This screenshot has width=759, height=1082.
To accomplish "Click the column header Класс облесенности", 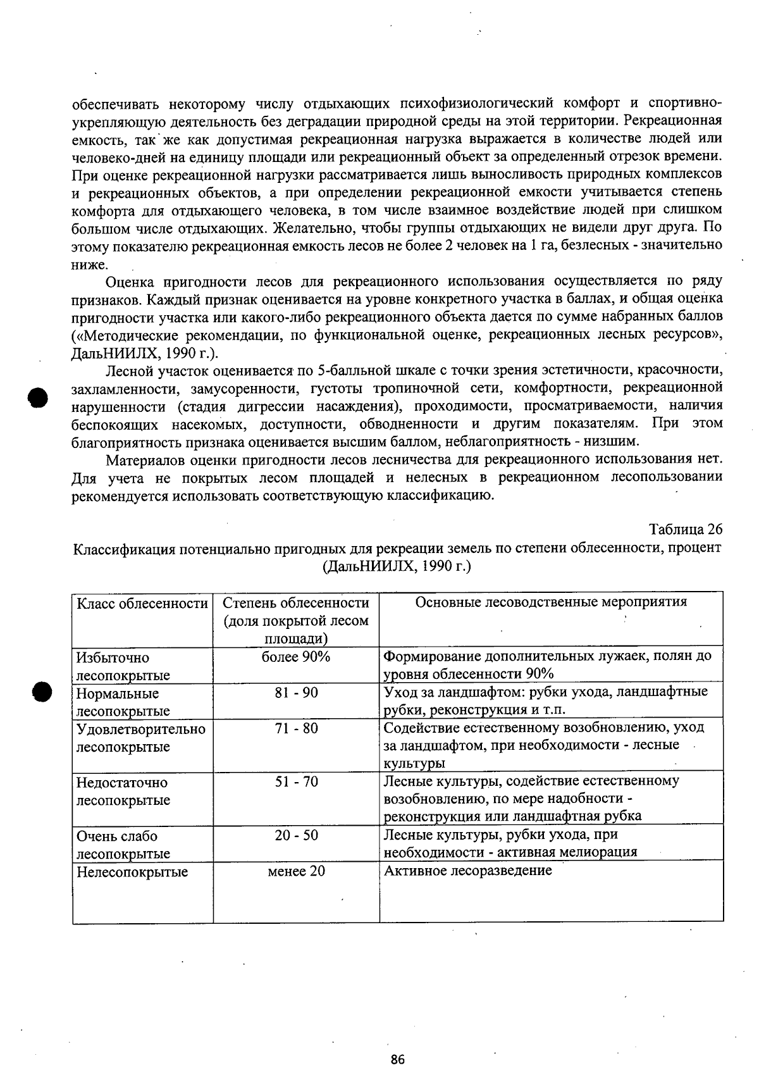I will [x=142, y=603].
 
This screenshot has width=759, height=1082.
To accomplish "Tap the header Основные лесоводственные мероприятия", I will [x=551, y=602].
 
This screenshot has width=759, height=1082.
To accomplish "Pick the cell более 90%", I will [x=296, y=657].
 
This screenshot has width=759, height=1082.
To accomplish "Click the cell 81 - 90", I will [x=296, y=693].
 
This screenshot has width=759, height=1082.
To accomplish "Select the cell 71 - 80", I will [x=296, y=728].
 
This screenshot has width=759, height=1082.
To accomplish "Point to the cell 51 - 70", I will [x=296, y=782].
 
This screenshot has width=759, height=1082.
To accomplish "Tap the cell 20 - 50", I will [x=296, y=835].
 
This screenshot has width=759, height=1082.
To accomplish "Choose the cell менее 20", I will [x=296, y=871].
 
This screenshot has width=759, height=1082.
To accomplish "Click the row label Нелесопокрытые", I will [x=132, y=872].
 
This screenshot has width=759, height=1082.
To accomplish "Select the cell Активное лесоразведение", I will [x=468, y=871].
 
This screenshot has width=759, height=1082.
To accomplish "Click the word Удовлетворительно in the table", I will [x=140, y=729].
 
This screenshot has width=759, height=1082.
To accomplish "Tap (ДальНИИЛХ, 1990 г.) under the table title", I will [x=397, y=566].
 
